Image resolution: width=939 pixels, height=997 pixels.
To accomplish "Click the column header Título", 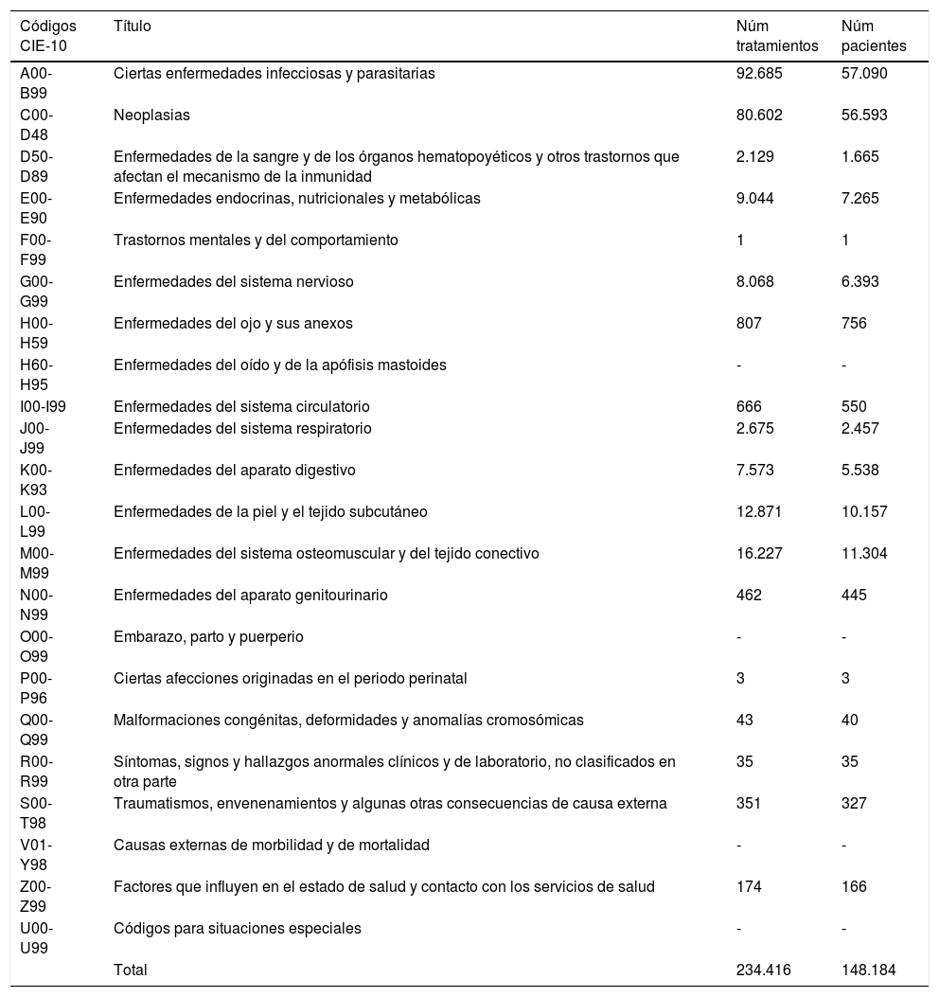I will (132, 27).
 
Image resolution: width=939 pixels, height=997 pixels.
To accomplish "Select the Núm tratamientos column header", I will (775, 36).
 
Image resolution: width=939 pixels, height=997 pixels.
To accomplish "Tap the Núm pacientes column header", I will (873, 36).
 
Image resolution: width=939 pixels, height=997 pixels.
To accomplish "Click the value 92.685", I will (759, 74).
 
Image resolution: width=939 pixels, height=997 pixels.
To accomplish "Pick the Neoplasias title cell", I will (151, 116).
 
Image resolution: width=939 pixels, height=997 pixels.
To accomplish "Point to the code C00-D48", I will (37, 125).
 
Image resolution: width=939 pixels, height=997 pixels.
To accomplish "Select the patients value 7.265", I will (860, 199).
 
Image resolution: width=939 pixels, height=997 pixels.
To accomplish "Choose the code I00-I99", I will (49, 407).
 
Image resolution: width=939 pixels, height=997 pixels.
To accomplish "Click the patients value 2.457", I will (860, 429).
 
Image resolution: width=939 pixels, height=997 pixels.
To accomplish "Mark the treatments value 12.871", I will (759, 512).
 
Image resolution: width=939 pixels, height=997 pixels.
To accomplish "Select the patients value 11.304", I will (864, 554).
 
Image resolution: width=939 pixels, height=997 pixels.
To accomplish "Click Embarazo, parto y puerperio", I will (208, 637).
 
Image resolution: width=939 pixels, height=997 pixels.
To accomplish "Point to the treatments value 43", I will (745, 721).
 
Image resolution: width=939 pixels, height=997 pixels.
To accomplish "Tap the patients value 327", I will (854, 804).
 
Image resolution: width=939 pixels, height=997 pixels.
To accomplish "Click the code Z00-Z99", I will (37, 897).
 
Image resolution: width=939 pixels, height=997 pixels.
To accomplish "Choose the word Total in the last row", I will (131, 970).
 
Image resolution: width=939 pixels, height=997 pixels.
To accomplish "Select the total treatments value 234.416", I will (763, 970).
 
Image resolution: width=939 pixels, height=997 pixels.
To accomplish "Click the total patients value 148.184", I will (868, 970).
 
